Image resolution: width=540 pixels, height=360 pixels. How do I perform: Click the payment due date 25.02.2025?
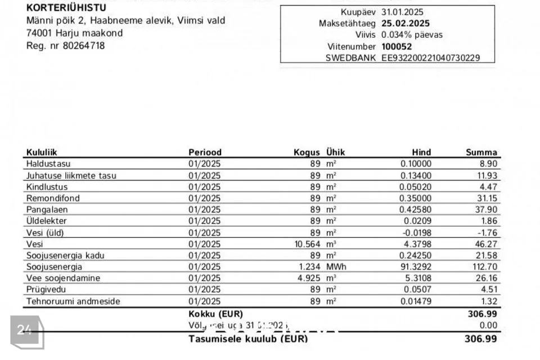(x=405, y=24)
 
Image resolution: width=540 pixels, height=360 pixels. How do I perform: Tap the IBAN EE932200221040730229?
(x=430, y=58)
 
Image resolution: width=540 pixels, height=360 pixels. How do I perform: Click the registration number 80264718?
(x=85, y=46)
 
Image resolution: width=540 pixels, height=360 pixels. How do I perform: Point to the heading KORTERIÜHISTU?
(x=66, y=8)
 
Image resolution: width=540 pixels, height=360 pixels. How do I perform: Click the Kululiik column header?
(x=42, y=152)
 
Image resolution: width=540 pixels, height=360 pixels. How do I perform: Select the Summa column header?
(x=481, y=152)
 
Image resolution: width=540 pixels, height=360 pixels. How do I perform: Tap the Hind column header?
(x=421, y=152)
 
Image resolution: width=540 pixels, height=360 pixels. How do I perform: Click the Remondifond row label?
(x=53, y=198)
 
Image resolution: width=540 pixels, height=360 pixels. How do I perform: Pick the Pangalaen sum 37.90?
(x=487, y=209)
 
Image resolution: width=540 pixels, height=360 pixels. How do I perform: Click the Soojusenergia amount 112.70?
(x=484, y=267)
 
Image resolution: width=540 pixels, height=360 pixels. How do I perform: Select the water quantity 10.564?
(x=307, y=244)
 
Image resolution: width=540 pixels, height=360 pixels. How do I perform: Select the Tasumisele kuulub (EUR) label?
(x=248, y=339)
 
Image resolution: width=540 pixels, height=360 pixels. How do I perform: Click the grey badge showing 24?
(x=25, y=330)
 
